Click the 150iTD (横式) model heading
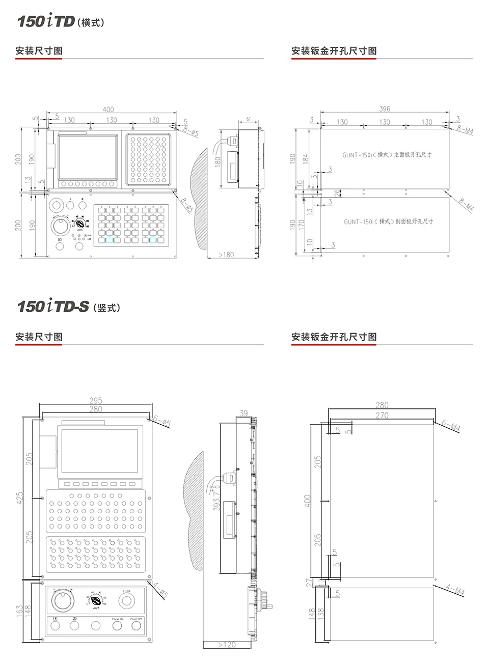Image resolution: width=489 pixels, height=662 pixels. (x=61, y=21)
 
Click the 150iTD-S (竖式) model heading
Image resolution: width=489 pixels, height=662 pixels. (x=69, y=307)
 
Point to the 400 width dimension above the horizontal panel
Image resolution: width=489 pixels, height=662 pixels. (x=108, y=109)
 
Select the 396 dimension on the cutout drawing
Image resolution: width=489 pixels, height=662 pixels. (x=385, y=108)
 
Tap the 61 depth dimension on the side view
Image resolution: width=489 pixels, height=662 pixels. (x=249, y=119)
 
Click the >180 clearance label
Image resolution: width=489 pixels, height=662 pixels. (x=226, y=255)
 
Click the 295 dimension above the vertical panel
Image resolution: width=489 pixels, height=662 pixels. (x=96, y=401)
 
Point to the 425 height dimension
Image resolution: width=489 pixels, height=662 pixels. (x=20, y=498)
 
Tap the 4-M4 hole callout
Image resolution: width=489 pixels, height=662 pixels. (x=455, y=591)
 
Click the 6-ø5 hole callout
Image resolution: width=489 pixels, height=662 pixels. (x=162, y=422)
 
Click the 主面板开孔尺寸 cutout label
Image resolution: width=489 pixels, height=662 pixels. (x=387, y=155)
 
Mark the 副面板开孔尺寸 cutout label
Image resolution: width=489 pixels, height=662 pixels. (x=388, y=222)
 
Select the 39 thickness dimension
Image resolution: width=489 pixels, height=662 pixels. (x=243, y=413)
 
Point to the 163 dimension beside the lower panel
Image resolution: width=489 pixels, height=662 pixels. (x=19, y=611)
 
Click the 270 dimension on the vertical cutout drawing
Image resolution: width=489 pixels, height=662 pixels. (x=382, y=416)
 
